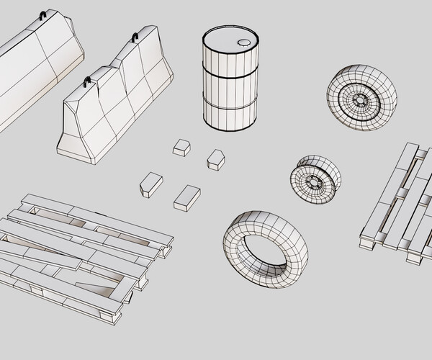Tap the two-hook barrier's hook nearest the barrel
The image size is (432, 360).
[135, 37]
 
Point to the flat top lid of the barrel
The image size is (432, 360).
[229, 40]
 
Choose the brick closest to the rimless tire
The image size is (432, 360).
[186, 197]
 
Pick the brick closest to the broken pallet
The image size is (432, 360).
[150, 184]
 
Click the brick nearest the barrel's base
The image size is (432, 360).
[215, 159]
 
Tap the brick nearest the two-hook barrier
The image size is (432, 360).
[181, 147]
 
